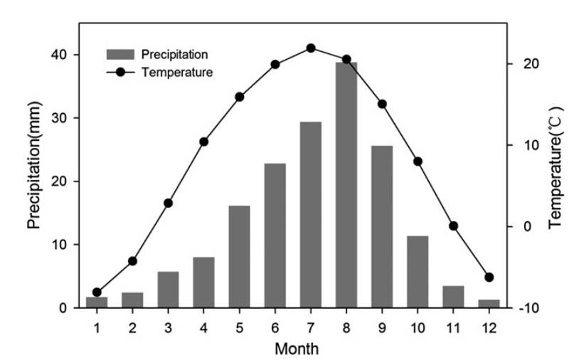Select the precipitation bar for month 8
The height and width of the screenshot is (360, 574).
346,185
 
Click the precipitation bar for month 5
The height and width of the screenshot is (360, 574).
239,257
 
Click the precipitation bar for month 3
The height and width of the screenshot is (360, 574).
168,290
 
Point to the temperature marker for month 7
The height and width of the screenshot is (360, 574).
311,48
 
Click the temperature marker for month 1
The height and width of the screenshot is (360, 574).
97,292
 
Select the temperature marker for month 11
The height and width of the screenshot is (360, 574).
453,226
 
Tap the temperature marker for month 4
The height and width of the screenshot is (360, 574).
203,142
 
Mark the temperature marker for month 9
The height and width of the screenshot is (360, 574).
382,104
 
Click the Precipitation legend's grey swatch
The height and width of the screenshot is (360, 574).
121,54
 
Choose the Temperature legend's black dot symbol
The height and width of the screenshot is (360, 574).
121,72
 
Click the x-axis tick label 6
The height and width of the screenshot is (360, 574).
275,327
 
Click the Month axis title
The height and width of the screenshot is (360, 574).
297,349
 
